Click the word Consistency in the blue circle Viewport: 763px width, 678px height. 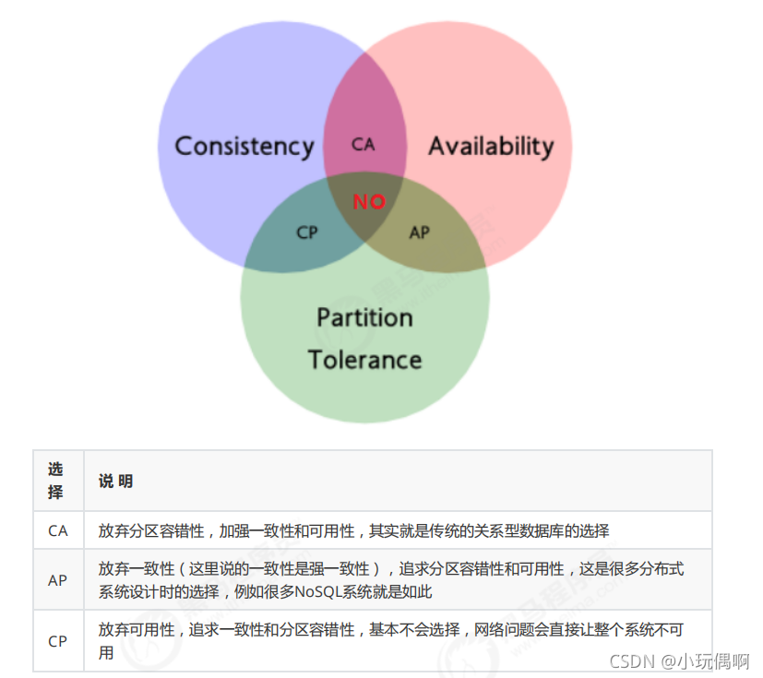(x=244, y=147)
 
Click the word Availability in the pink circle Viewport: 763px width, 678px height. (x=491, y=146)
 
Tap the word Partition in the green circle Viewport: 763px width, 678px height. (x=364, y=318)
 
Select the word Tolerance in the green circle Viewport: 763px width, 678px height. (x=364, y=360)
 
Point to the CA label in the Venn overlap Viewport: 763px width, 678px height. (x=364, y=145)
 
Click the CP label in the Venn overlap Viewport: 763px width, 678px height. (x=307, y=232)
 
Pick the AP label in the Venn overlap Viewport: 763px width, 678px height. (x=420, y=232)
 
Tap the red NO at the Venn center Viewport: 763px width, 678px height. (x=369, y=201)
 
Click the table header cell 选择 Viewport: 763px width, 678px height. (x=57, y=481)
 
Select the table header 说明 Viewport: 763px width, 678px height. (x=116, y=482)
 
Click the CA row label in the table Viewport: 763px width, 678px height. (x=57, y=531)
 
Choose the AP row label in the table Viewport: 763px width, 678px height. (x=57, y=580)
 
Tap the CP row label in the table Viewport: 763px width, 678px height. (x=57, y=640)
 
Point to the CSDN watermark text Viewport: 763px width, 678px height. (x=615, y=661)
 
